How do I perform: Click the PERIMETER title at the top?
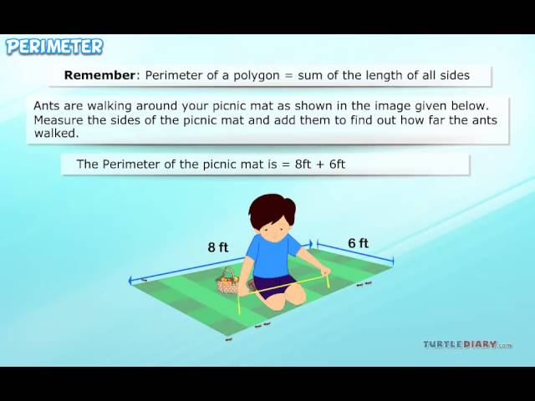point(54,47)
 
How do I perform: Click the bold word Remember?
point(99,75)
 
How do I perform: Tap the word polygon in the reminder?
point(257,76)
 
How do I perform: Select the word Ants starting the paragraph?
point(46,106)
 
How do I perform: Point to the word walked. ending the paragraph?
point(56,134)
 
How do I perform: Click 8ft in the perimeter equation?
point(303,164)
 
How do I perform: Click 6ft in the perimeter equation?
point(337,164)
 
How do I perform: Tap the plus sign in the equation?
point(320,165)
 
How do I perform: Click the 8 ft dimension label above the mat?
point(218,247)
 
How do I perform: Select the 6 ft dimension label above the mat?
point(359,243)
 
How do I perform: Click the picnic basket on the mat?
point(227,281)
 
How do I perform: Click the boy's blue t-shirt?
point(273,255)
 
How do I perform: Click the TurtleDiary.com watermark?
point(468,344)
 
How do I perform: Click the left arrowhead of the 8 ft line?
point(131,281)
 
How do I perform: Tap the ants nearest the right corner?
point(364,284)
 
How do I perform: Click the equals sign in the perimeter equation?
point(286,165)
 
